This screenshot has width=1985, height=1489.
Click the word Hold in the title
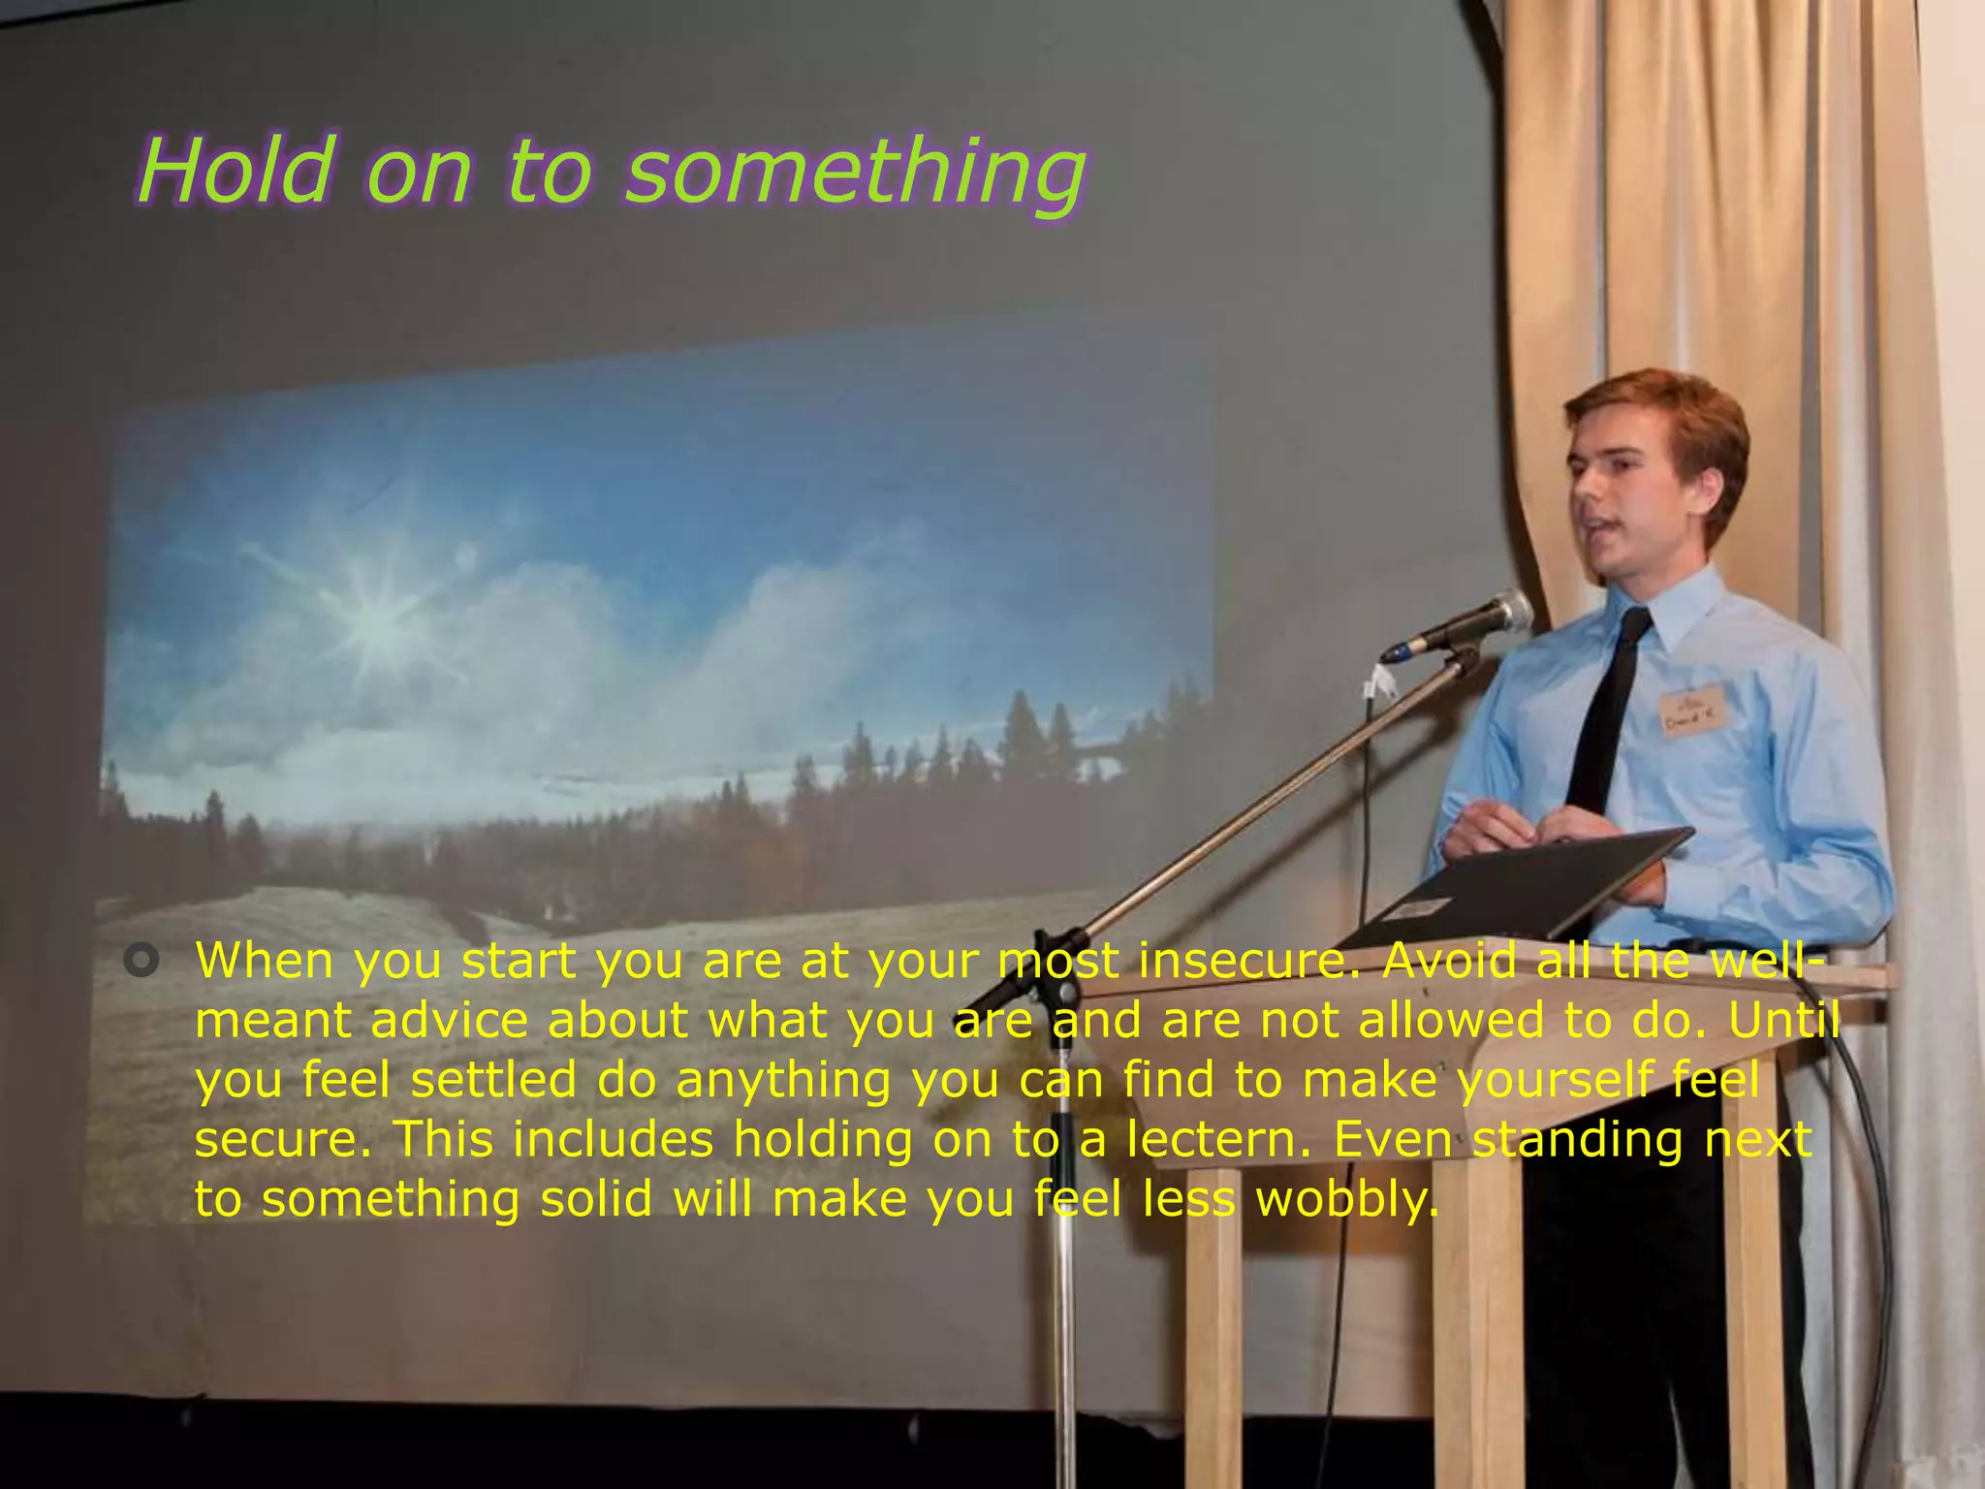236,172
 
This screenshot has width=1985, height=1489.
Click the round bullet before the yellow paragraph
142,961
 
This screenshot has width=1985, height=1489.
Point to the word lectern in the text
1217,1139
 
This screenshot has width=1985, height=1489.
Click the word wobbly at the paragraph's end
1347,1200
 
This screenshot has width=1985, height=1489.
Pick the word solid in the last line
596,1200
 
